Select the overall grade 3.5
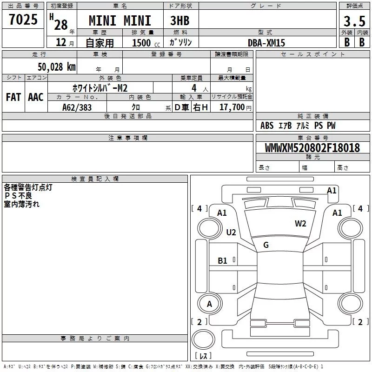coord(354,21)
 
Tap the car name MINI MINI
coord(120,21)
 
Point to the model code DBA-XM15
coord(266,43)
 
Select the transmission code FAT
coord(13,97)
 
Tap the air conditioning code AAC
coord(36,97)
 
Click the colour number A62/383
coord(77,107)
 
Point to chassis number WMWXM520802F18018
coord(312,148)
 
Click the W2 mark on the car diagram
coord(300,224)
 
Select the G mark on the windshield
coord(266,245)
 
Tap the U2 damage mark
coord(231,232)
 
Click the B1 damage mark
coord(223,261)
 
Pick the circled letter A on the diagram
coord(209,304)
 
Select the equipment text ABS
coord(267,126)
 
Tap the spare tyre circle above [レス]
coord(202,339)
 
